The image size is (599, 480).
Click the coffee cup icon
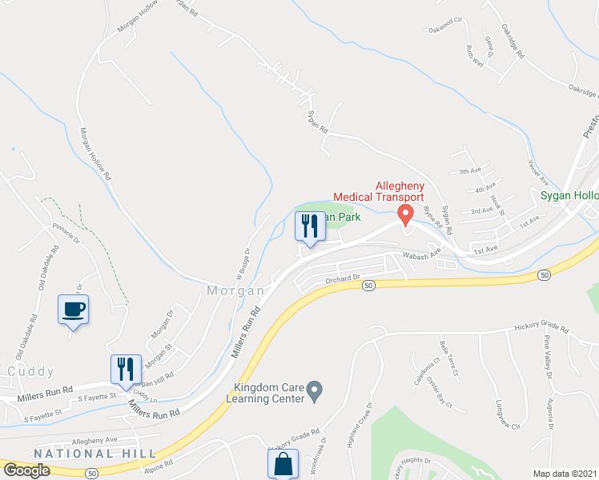(x=73, y=310)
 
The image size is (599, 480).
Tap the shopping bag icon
(x=283, y=464)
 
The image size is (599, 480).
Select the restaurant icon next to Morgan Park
(x=310, y=226)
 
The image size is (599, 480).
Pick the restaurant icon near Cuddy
(x=126, y=370)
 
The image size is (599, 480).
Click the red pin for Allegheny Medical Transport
(x=405, y=214)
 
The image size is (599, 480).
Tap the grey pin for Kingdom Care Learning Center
(x=315, y=390)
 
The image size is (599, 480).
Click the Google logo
(x=26, y=470)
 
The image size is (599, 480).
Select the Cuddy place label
(x=30, y=371)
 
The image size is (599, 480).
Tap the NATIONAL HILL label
(x=95, y=454)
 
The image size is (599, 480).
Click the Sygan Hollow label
(x=568, y=196)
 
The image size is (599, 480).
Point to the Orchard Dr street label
(x=345, y=279)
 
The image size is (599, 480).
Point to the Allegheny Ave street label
(x=94, y=440)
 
